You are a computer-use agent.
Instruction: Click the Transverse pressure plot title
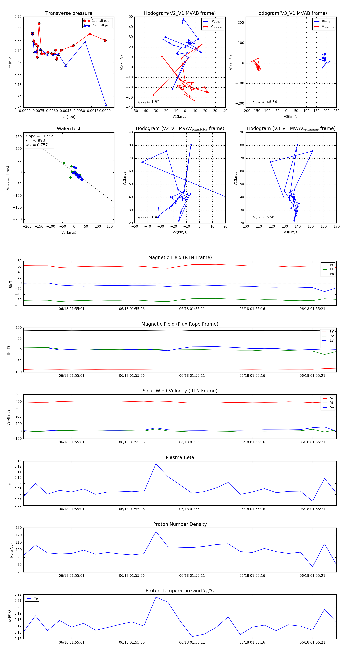pyautogui.click(x=69, y=13)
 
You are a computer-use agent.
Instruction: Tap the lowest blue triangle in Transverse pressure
pyautogui.click(x=106, y=105)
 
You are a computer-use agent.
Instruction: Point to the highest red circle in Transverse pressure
pyautogui.click(x=39, y=24)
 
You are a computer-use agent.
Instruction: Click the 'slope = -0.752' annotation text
pyautogui.click(x=39, y=136)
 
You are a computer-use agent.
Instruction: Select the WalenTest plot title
pyautogui.click(x=69, y=129)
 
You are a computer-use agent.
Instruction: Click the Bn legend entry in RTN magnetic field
pyautogui.click(x=332, y=274)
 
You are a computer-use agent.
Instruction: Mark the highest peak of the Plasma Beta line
pyautogui.click(x=156, y=464)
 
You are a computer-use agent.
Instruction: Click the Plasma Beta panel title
pyautogui.click(x=180, y=457)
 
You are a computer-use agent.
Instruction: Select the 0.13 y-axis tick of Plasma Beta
pyautogui.click(x=18, y=461)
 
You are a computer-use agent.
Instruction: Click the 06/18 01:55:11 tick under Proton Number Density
pyautogui.click(x=192, y=575)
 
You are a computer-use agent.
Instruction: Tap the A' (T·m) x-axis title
pyautogui.click(x=69, y=117)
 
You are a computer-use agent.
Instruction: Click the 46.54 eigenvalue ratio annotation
pyautogui.click(x=272, y=102)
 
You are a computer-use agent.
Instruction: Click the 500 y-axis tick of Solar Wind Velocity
pyautogui.click(x=18, y=394)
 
